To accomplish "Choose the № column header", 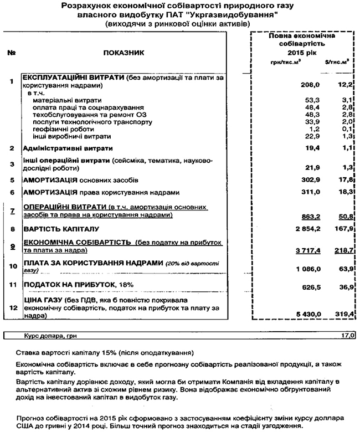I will (11, 53).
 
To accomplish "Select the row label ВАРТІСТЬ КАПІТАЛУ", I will (61, 228).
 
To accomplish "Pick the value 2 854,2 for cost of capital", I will (292, 228).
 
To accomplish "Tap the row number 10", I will (11, 265).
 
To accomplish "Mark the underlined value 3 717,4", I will (292, 251).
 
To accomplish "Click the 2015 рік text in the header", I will (302, 52).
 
